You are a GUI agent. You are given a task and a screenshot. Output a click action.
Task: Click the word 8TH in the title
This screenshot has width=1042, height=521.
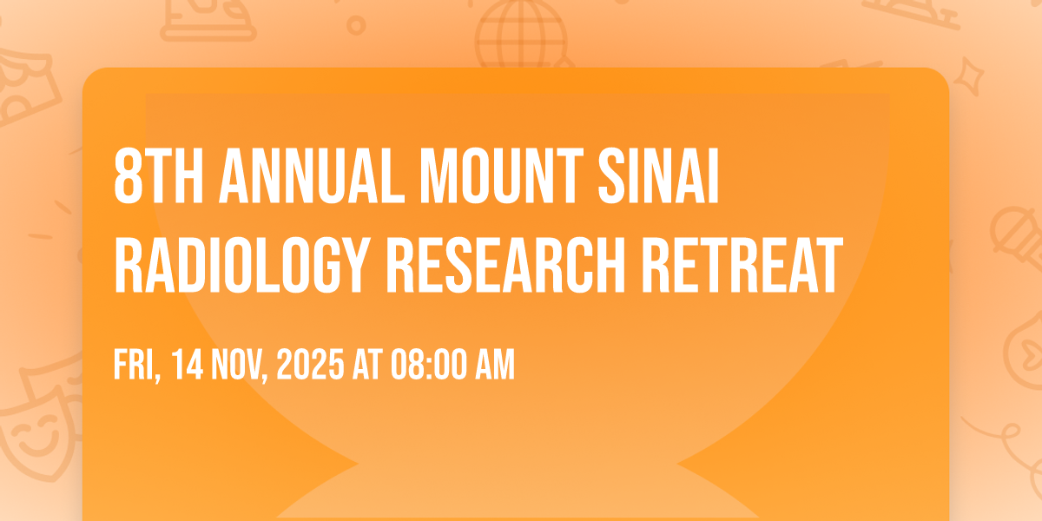click(x=159, y=175)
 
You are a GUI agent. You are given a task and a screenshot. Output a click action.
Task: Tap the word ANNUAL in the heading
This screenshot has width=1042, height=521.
click(x=312, y=175)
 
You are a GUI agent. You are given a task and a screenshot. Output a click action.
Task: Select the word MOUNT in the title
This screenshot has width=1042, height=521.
click(x=502, y=175)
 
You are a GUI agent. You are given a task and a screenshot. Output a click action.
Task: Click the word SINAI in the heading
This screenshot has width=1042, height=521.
click(x=659, y=175)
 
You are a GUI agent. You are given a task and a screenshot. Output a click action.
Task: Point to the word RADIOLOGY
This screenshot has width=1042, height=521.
click(x=242, y=265)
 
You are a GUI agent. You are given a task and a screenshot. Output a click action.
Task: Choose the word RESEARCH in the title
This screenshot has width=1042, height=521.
click(x=506, y=265)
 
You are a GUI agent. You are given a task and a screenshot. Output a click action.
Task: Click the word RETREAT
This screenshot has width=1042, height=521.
click(x=742, y=265)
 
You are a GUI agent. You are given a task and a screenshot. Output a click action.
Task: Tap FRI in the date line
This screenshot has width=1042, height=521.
click(x=135, y=366)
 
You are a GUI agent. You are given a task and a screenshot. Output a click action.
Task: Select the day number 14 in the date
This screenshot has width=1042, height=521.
click(x=187, y=365)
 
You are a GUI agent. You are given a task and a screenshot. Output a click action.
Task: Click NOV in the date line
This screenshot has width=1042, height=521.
click(x=237, y=366)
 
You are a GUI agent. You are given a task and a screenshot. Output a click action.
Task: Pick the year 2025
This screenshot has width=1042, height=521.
click(x=310, y=365)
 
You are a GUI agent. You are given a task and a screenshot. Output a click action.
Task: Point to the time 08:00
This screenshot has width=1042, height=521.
click(x=428, y=365)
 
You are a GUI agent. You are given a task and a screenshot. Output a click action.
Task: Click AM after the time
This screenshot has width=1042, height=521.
click(x=495, y=365)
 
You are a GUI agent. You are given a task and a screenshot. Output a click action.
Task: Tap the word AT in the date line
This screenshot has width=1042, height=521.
click(x=367, y=365)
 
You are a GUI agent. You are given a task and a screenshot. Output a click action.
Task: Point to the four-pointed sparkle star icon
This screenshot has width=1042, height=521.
click(x=968, y=76)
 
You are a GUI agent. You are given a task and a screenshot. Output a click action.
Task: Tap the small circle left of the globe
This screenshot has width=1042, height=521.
click(x=356, y=25)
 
